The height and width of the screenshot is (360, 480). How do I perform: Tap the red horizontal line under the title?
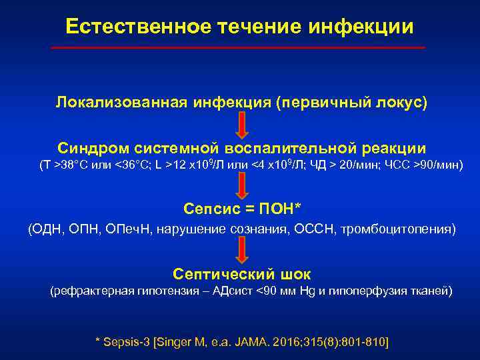(x=239, y=48)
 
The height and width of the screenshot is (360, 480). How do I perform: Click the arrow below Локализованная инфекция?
(x=242, y=125)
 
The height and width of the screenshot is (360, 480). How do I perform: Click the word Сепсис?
(x=209, y=209)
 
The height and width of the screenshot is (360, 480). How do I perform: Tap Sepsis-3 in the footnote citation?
(x=125, y=341)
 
